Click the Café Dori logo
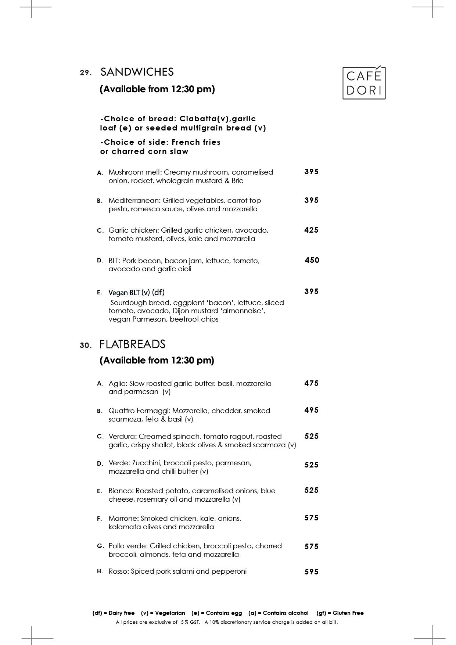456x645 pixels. pyautogui.click(x=364, y=83)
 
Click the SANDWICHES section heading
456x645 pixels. pyautogui.click(x=137, y=72)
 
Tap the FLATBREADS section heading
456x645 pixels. pyautogui.click(x=132, y=344)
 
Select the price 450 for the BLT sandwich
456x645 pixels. pyautogui.click(x=312, y=260)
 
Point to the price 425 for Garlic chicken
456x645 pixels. pyautogui.click(x=311, y=230)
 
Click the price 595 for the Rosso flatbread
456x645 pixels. pyautogui.click(x=311, y=571)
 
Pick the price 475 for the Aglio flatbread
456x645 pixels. pyautogui.click(x=311, y=383)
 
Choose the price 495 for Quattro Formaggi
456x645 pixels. pyautogui.click(x=311, y=410)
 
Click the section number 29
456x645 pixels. pyautogui.click(x=85, y=73)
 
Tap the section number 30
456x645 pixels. pyautogui.click(x=85, y=345)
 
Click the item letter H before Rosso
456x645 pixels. pyautogui.click(x=100, y=571)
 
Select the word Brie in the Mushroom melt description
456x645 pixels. pyautogui.click(x=237, y=181)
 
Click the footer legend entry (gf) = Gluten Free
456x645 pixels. pyautogui.click(x=340, y=613)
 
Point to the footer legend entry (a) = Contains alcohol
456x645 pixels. pyautogui.click(x=279, y=613)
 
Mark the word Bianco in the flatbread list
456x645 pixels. pyautogui.click(x=121, y=491)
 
